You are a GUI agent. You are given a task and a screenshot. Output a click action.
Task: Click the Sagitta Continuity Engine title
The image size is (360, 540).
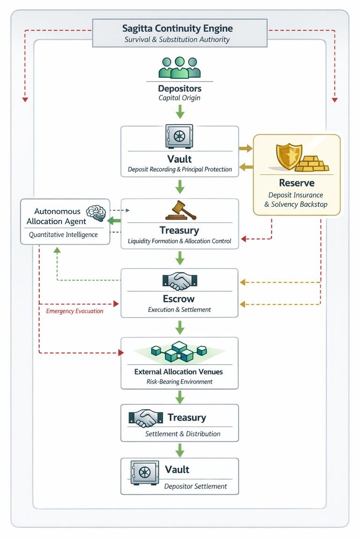(177, 28)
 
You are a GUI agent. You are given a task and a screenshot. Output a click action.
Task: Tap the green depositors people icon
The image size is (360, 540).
(180, 67)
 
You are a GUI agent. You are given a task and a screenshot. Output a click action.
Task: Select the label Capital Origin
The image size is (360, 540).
(180, 98)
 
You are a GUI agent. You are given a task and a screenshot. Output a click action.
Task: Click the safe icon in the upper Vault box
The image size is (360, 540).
(179, 136)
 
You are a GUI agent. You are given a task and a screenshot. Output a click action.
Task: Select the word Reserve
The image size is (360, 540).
(296, 183)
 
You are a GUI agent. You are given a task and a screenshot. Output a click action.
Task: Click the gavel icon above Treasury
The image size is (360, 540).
(180, 211)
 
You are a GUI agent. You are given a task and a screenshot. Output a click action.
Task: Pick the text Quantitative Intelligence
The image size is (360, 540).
(63, 234)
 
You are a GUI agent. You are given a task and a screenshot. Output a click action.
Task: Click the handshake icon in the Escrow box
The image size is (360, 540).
(180, 280)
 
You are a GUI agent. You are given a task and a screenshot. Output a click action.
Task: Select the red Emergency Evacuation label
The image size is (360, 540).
(75, 311)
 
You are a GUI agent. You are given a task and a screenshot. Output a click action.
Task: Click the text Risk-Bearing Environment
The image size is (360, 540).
(180, 382)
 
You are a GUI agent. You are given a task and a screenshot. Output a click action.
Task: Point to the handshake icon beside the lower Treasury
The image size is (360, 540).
(143, 418)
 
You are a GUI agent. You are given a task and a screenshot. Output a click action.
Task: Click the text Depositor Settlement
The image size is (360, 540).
(195, 486)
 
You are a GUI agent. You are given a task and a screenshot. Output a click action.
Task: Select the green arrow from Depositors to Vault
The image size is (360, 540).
(180, 112)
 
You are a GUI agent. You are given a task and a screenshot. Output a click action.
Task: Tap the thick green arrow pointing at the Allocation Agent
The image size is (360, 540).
(114, 220)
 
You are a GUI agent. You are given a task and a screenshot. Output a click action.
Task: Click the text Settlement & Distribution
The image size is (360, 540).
(183, 434)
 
